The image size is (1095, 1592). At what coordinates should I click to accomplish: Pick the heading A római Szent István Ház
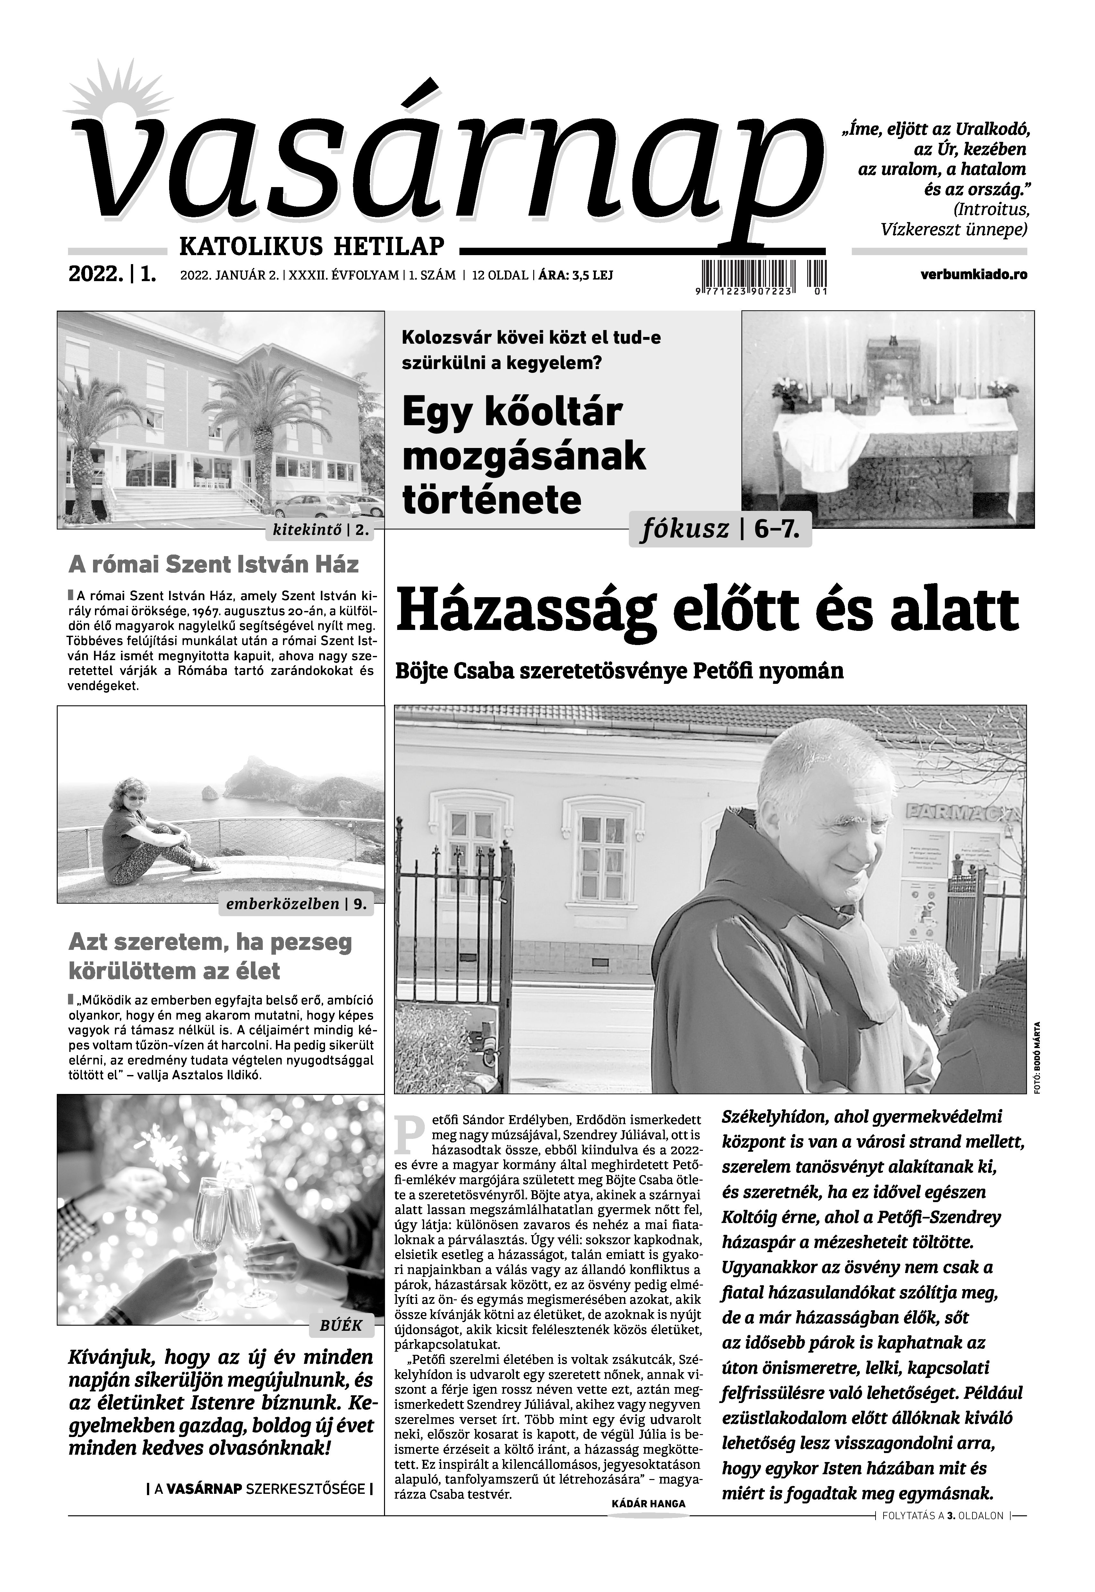tap(213, 565)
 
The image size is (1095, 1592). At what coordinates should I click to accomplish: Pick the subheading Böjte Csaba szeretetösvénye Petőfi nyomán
tap(620, 671)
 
